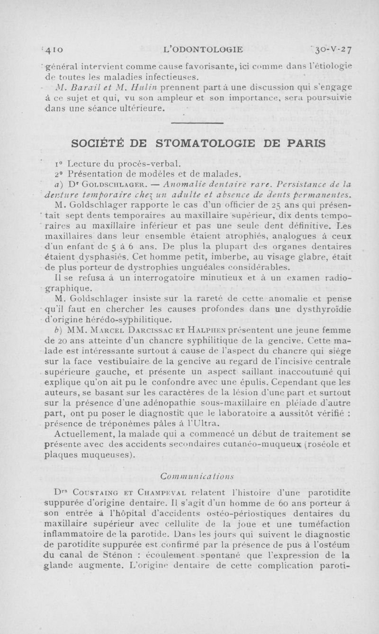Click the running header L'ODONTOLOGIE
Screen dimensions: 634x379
coord(203,48)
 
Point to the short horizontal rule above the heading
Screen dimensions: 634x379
coord(197,124)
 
